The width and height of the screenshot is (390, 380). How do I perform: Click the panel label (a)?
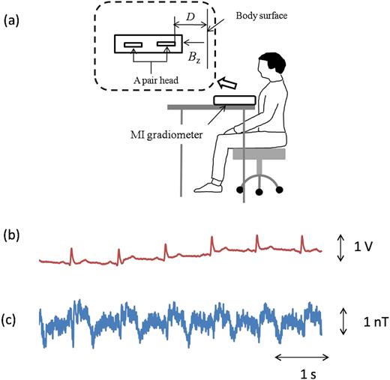click(11, 21)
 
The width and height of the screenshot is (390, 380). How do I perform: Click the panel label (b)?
click(11, 235)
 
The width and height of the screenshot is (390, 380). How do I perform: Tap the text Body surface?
click(262, 16)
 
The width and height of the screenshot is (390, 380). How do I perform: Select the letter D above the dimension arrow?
click(190, 16)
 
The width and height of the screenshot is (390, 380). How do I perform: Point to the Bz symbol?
click(194, 58)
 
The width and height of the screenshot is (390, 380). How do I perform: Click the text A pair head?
click(156, 80)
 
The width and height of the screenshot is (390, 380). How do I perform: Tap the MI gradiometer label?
click(166, 135)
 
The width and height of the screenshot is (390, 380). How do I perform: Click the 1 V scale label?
click(363, 247)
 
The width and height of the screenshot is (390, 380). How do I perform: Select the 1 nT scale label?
click(376, 322)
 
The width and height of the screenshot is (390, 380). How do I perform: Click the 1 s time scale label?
click(308, 374)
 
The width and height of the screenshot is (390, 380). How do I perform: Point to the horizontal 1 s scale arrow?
click(301, 358)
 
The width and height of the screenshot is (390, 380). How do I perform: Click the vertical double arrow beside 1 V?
click(340, 247)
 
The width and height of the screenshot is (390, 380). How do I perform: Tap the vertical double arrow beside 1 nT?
click(343, 322)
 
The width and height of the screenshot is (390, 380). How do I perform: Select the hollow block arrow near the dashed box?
click(227, 83)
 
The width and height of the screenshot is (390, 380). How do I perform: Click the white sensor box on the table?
click(235, 100)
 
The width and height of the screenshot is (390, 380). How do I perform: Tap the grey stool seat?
click(259, 154)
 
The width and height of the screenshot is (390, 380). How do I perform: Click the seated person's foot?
click(208, 187)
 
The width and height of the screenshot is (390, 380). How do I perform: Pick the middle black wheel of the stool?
click(259, 192)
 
